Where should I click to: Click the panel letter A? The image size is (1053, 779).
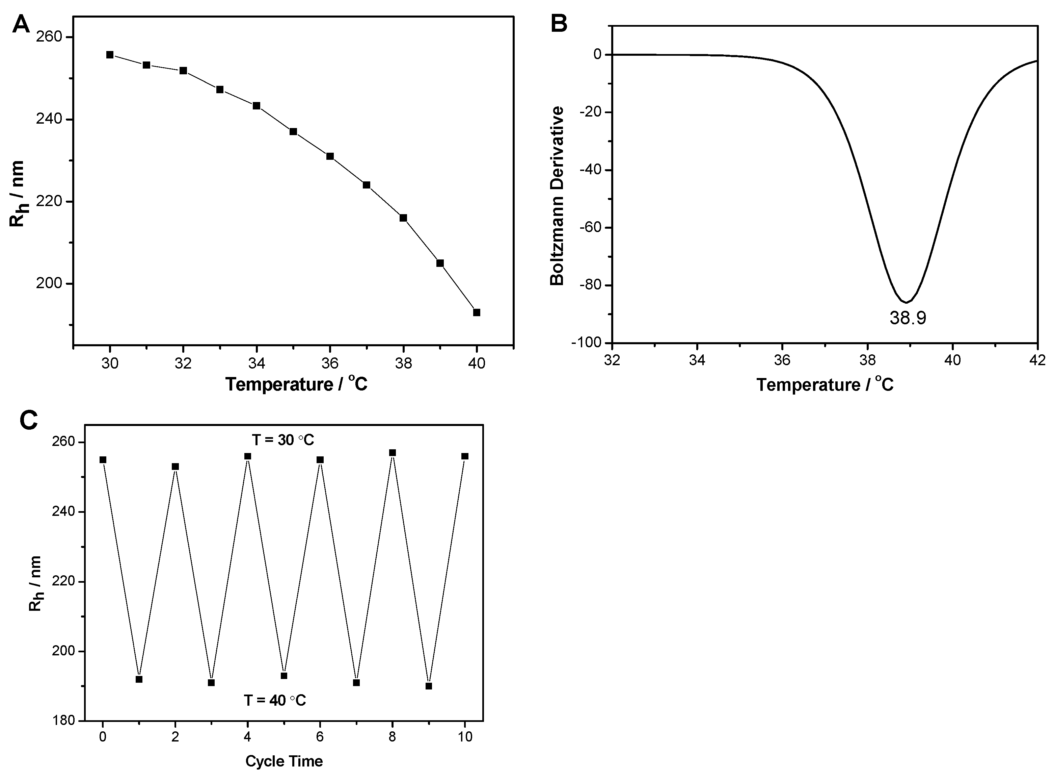(x=21, y=24)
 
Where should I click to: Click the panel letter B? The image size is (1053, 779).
(x=559, y=24)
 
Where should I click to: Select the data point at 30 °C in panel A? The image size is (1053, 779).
(x=110, y=55)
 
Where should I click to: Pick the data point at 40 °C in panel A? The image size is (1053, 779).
(x=476, y=312)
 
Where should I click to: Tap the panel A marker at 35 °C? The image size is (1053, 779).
(x=293, y=131)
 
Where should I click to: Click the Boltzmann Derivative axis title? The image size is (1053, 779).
(x=557, y=196)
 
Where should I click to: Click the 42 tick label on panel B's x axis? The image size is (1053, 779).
(x=1037, y=360)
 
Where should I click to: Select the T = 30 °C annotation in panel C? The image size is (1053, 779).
(x=283, y=440)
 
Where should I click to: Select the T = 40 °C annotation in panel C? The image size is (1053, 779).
(x=275, y=700)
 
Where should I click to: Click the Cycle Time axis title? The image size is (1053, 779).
(x=284, y=761)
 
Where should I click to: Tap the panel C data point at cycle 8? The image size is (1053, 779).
(x=393, y=453)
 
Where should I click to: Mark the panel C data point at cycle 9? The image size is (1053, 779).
(x=428, y=686)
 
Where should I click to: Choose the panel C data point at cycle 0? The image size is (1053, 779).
(x=103, y=460)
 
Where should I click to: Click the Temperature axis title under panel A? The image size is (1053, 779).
(x=296, y=384)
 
